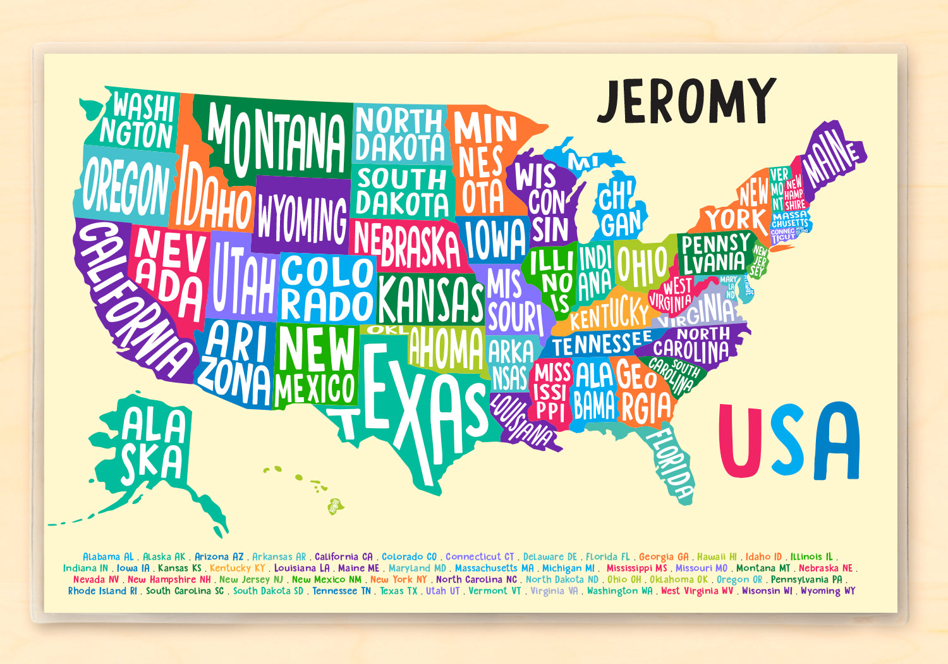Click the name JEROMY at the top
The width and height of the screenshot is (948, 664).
pyautogui.click(x=686, y=101)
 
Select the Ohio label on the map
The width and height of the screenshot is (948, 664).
pyautogui.click(x=641, y=266)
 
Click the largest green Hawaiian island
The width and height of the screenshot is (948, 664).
pyautogui.click(x=335, y=505)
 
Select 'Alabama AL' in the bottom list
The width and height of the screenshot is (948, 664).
pyautogui.click(x=108, y=557)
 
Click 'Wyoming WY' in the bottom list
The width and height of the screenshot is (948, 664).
pyautogui.click(x=828, y=591)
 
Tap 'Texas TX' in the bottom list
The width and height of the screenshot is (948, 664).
pyautogui.click(x=399, y=591)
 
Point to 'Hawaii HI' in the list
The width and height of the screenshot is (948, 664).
pyautogui.click(x=717, y=557)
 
